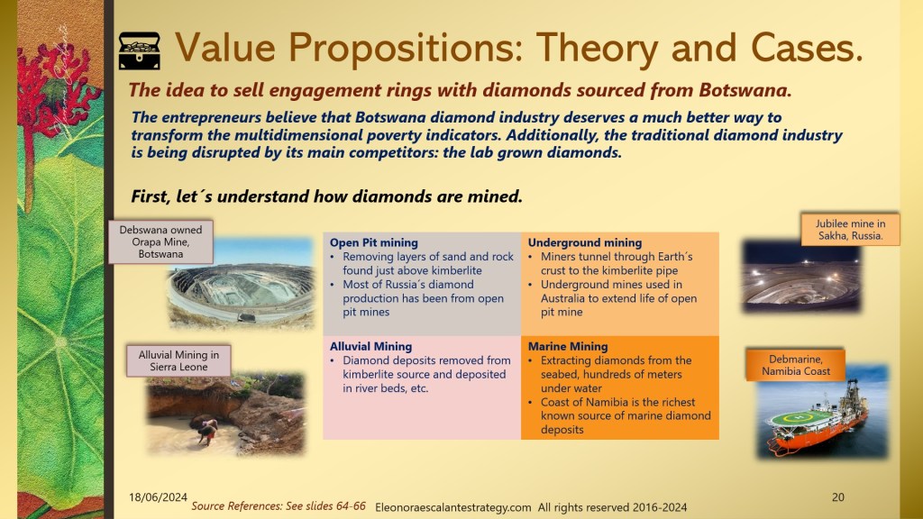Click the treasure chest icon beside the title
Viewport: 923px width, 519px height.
coord(140,51)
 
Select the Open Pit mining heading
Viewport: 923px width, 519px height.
coord(374,242)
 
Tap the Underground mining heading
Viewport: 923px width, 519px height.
coord(584,242)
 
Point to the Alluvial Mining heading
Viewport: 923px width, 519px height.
coord(370,347)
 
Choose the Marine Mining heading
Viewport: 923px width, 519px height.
coord(568,347)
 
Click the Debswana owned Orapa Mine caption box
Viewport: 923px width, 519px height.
coord(160,241)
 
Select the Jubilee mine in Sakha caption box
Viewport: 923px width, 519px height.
coord(850,230)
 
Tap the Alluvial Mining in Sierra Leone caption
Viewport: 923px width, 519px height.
coord(178,360)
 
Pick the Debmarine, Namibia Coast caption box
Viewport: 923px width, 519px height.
coord(796,365)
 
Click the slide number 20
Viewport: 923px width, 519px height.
coord(838,497)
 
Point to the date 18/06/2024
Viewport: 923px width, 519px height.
coord(158,497)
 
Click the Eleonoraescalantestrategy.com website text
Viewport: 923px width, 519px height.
coord(452,507)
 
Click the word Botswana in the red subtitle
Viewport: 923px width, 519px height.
coord(745,90)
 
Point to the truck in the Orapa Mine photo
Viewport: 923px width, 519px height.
coord(247,318)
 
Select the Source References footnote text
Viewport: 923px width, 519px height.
coord(279,506)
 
